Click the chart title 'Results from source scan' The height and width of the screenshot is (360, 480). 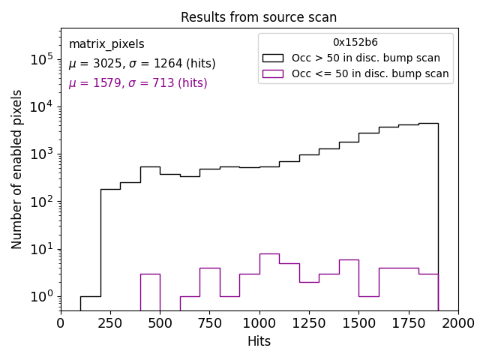coord(259,17)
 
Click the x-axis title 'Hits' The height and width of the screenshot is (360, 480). coord(259,342)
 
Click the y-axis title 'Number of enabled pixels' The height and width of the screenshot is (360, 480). coord(17,169)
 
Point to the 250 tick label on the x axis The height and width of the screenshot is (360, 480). coord(110,323)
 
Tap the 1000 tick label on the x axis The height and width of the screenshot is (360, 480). coord(259,323)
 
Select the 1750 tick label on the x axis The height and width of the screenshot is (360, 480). coord(408,323)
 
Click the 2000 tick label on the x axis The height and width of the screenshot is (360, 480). coord(457,323)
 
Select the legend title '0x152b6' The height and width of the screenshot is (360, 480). coord(355,43)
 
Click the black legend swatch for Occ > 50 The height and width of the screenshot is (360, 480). coord(273,58)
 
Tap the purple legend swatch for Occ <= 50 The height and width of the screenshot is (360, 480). coord(273,73)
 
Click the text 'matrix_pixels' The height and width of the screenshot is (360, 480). coord(106,45)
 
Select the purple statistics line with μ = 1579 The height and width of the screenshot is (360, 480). coord(138,83)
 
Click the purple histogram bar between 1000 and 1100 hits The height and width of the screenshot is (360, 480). coord(269,281)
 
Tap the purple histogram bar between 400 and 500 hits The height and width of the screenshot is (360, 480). coord(150,292)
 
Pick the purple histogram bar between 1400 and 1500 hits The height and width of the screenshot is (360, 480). coord(349,284)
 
